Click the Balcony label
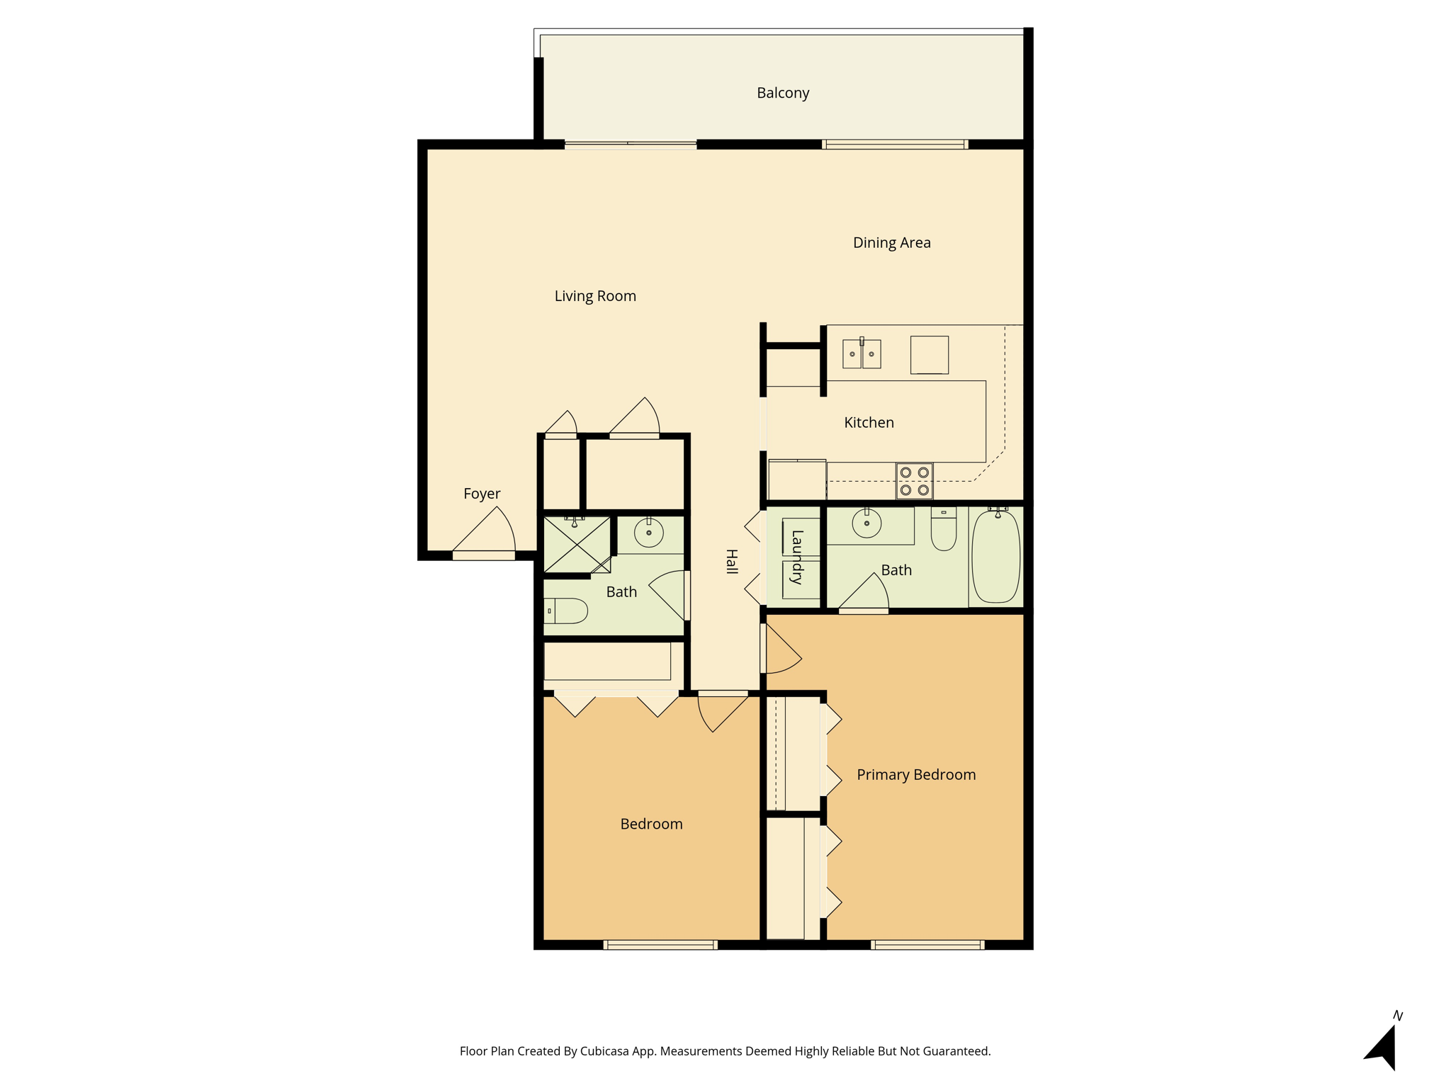pyautogui.click(x=783, y=93)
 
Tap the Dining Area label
pyautogui.click(x=892, y=243)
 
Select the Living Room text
pyautogui.click(x=595, y=296)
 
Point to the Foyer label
pyautogui.click(x=482, y=494)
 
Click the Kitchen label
pyautogui.click(x=869, y=423)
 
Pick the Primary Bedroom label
pyautogui.click(x=916, y=775)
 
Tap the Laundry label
pyautogui.click(x=797, y=557)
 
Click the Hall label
pyautogui.click(x=732, y=562)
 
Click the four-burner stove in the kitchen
pyautogui.click(x=914, y=481)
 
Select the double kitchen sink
pyautogui.click(x=862, y=353)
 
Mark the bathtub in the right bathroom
pyautogui.click(x=996, y=556)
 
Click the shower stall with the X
pyautogui.click(x=577, y=545)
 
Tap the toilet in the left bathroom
pyautogui.click(x=566, y=611)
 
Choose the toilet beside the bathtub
pyautogui.click(x=944, y=528)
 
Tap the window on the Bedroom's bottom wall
pyautogui.click(x=660, y=945)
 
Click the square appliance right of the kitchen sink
pyautogui.click(x=930, y=355)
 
